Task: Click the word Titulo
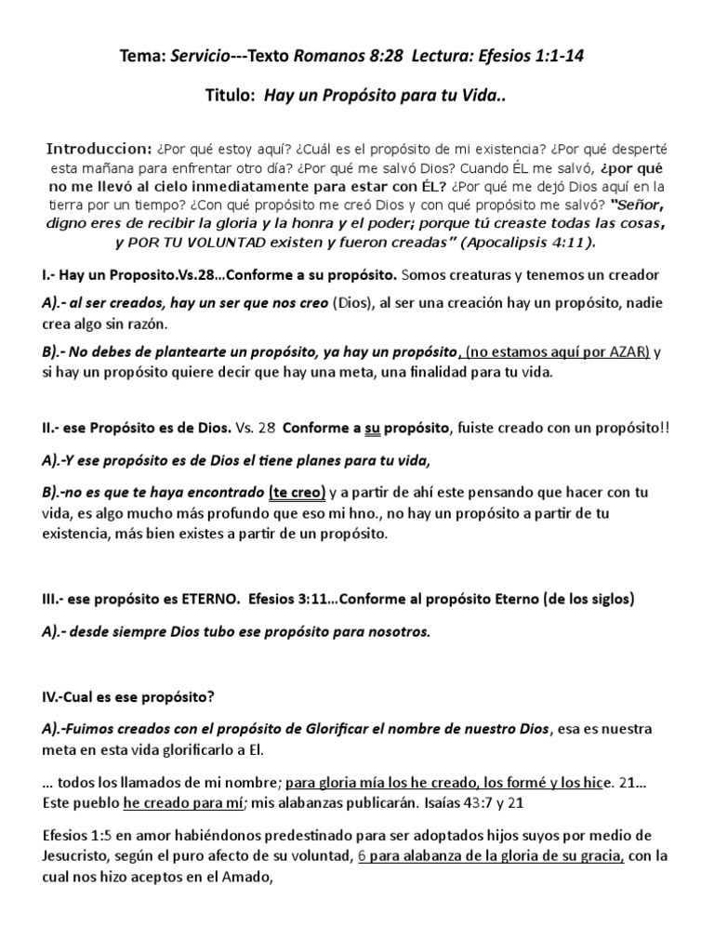(x=229, y=95)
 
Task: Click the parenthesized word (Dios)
(x=356, y=304)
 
